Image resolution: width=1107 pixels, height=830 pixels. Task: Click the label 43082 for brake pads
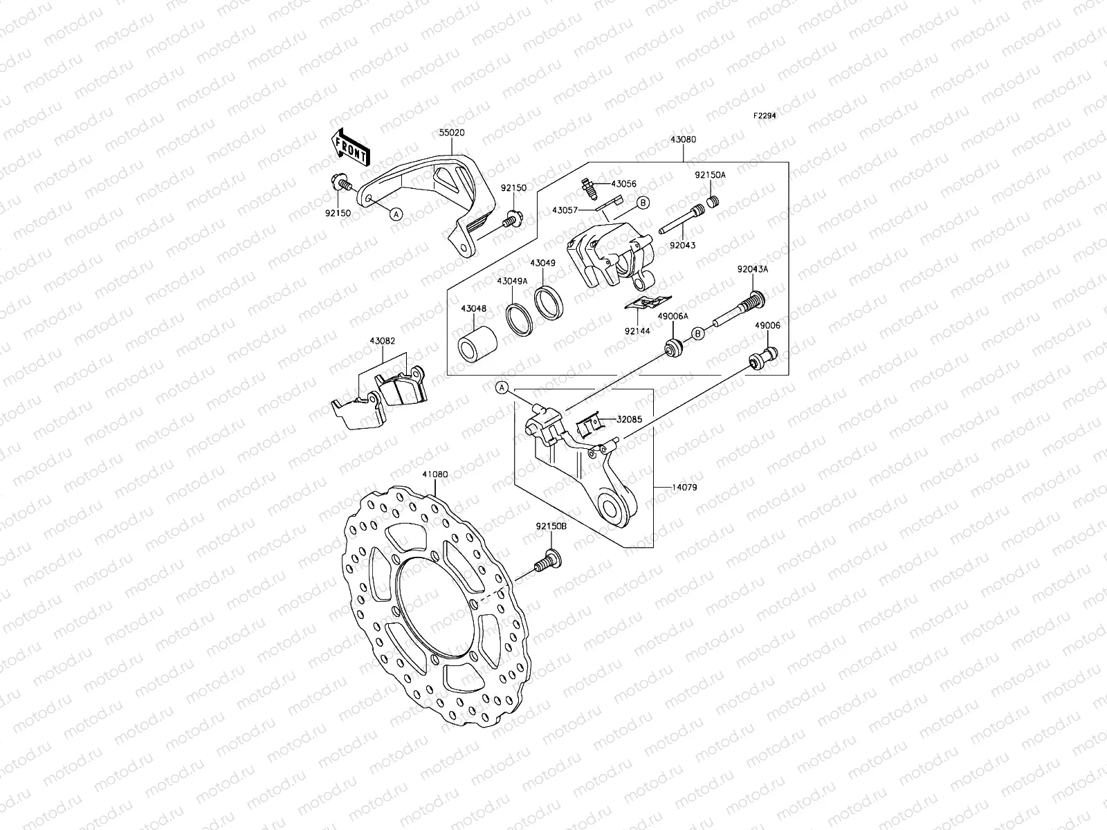click(x=382, y=341)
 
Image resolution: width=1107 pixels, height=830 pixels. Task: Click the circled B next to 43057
click(x=642, y=203)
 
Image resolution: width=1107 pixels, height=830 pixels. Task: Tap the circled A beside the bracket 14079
click(x=502, y=388)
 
